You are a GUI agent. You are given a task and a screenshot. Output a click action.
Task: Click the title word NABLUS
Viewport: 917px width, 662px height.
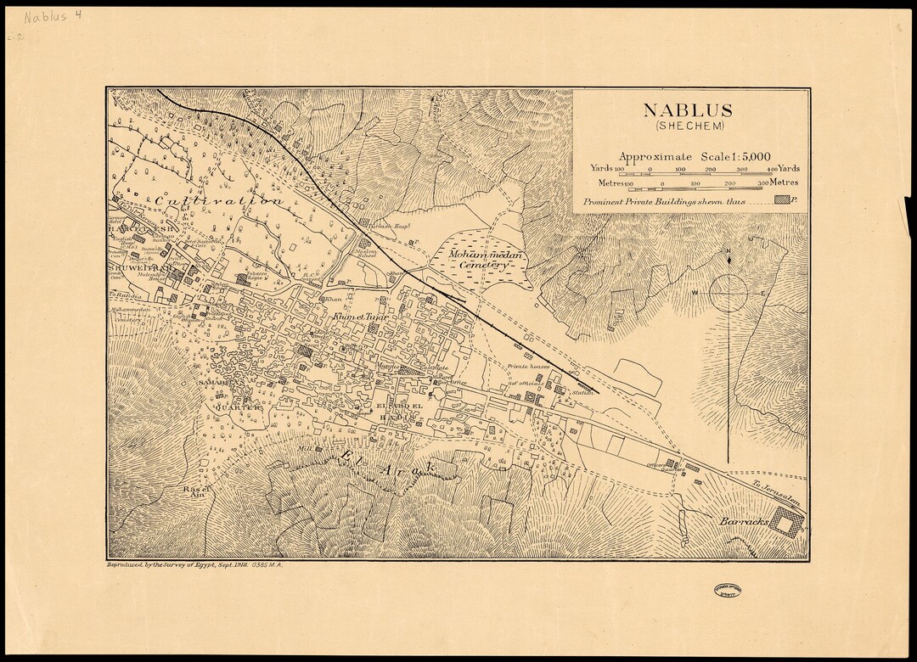click(x=687, y=110)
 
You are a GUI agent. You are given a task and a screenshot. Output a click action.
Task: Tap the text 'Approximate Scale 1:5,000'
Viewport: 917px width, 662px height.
click(x=695, y=156)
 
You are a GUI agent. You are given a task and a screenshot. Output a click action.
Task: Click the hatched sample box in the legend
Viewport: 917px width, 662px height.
click(x=783, y=200)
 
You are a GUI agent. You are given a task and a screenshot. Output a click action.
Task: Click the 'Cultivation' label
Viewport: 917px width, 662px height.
click(x=219, y=201)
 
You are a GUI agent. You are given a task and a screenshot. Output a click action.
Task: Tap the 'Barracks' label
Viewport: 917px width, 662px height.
click(x=744, y=519)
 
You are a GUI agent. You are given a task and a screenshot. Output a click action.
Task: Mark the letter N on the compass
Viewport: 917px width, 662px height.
click(x=728, y=251)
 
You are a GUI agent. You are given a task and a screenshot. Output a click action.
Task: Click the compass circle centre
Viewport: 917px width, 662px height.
click(x=728, y=293)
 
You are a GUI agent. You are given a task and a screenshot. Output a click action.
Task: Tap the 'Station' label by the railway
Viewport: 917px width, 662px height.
click(x=582, y=393)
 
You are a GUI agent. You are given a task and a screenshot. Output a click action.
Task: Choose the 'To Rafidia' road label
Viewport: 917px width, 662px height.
click(x=124, y=295)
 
